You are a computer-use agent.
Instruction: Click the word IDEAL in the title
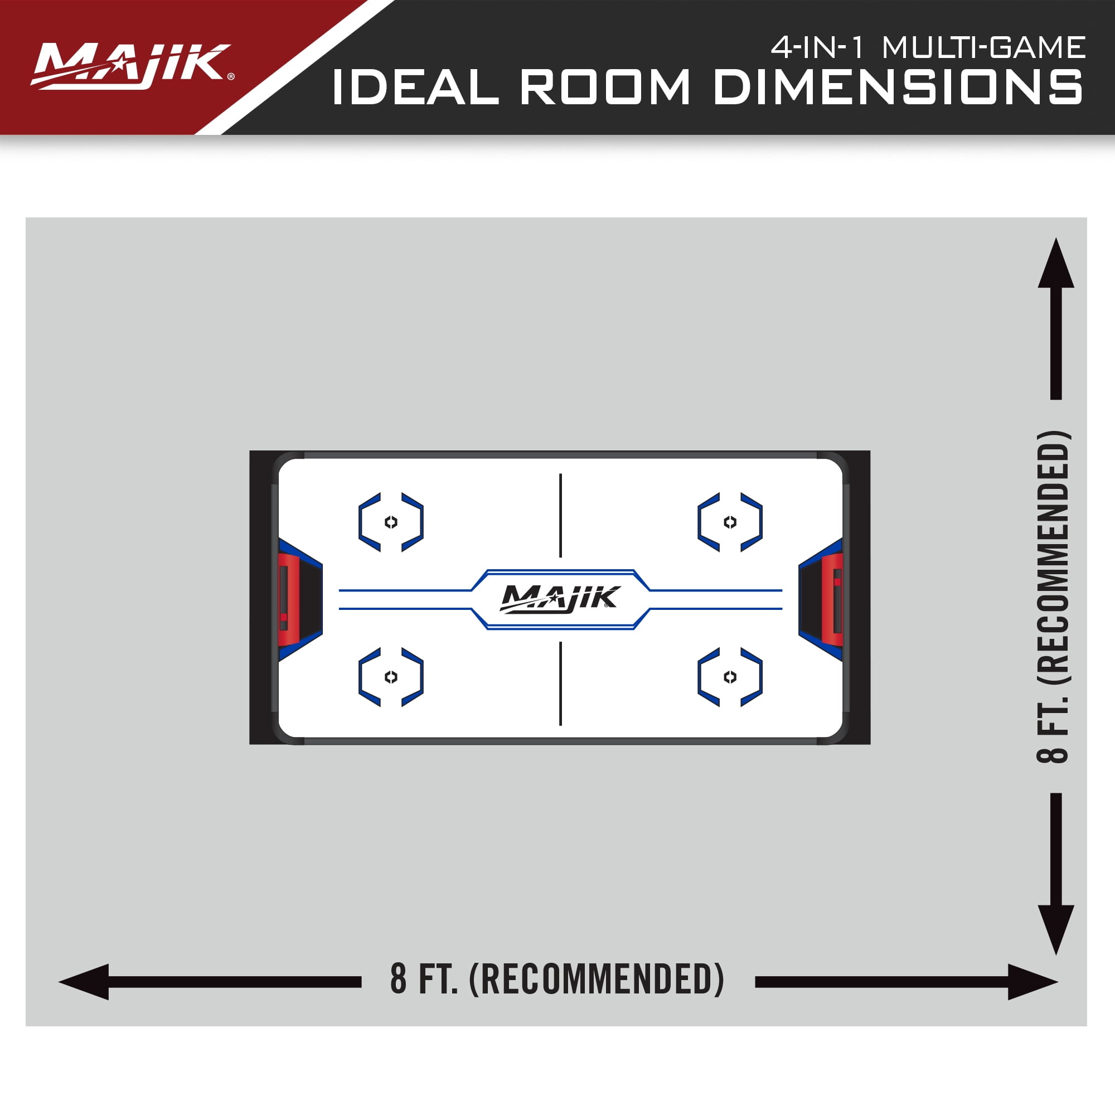pyautogui.click(x=414, y=88)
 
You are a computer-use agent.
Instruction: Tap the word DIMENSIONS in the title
pyautogui.click(x=898, y=88)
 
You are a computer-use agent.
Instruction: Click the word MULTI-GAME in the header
pyautogui.click(x=983, y=47)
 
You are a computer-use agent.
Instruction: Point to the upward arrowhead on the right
pyautogui.click(x=1055, y=265)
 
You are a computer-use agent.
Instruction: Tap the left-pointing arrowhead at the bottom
pyautogui.click(x=85, y=982)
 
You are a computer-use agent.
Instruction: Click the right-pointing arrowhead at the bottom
pyautogui.click(x=1031, y=982)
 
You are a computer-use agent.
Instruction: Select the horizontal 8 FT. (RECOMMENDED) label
pyautogui.click(x=557, y=980)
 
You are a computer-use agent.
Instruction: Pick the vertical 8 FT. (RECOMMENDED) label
pyautogui.click(x=1053, y=597)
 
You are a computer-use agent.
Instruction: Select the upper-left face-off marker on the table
pyautogui.click(x=391, y=522)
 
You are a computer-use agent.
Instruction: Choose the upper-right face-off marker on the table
pyautogui.click(x=730, y=522)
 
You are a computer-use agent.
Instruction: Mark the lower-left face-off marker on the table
pyautogui.click(x=391, y=677)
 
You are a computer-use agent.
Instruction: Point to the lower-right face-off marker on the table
pyautogui.click(x=730, y=677)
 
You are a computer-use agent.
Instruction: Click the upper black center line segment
pyautogui.click(x=560, y=515)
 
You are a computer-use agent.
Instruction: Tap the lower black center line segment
pyautogui.click(x=560, y=683)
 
